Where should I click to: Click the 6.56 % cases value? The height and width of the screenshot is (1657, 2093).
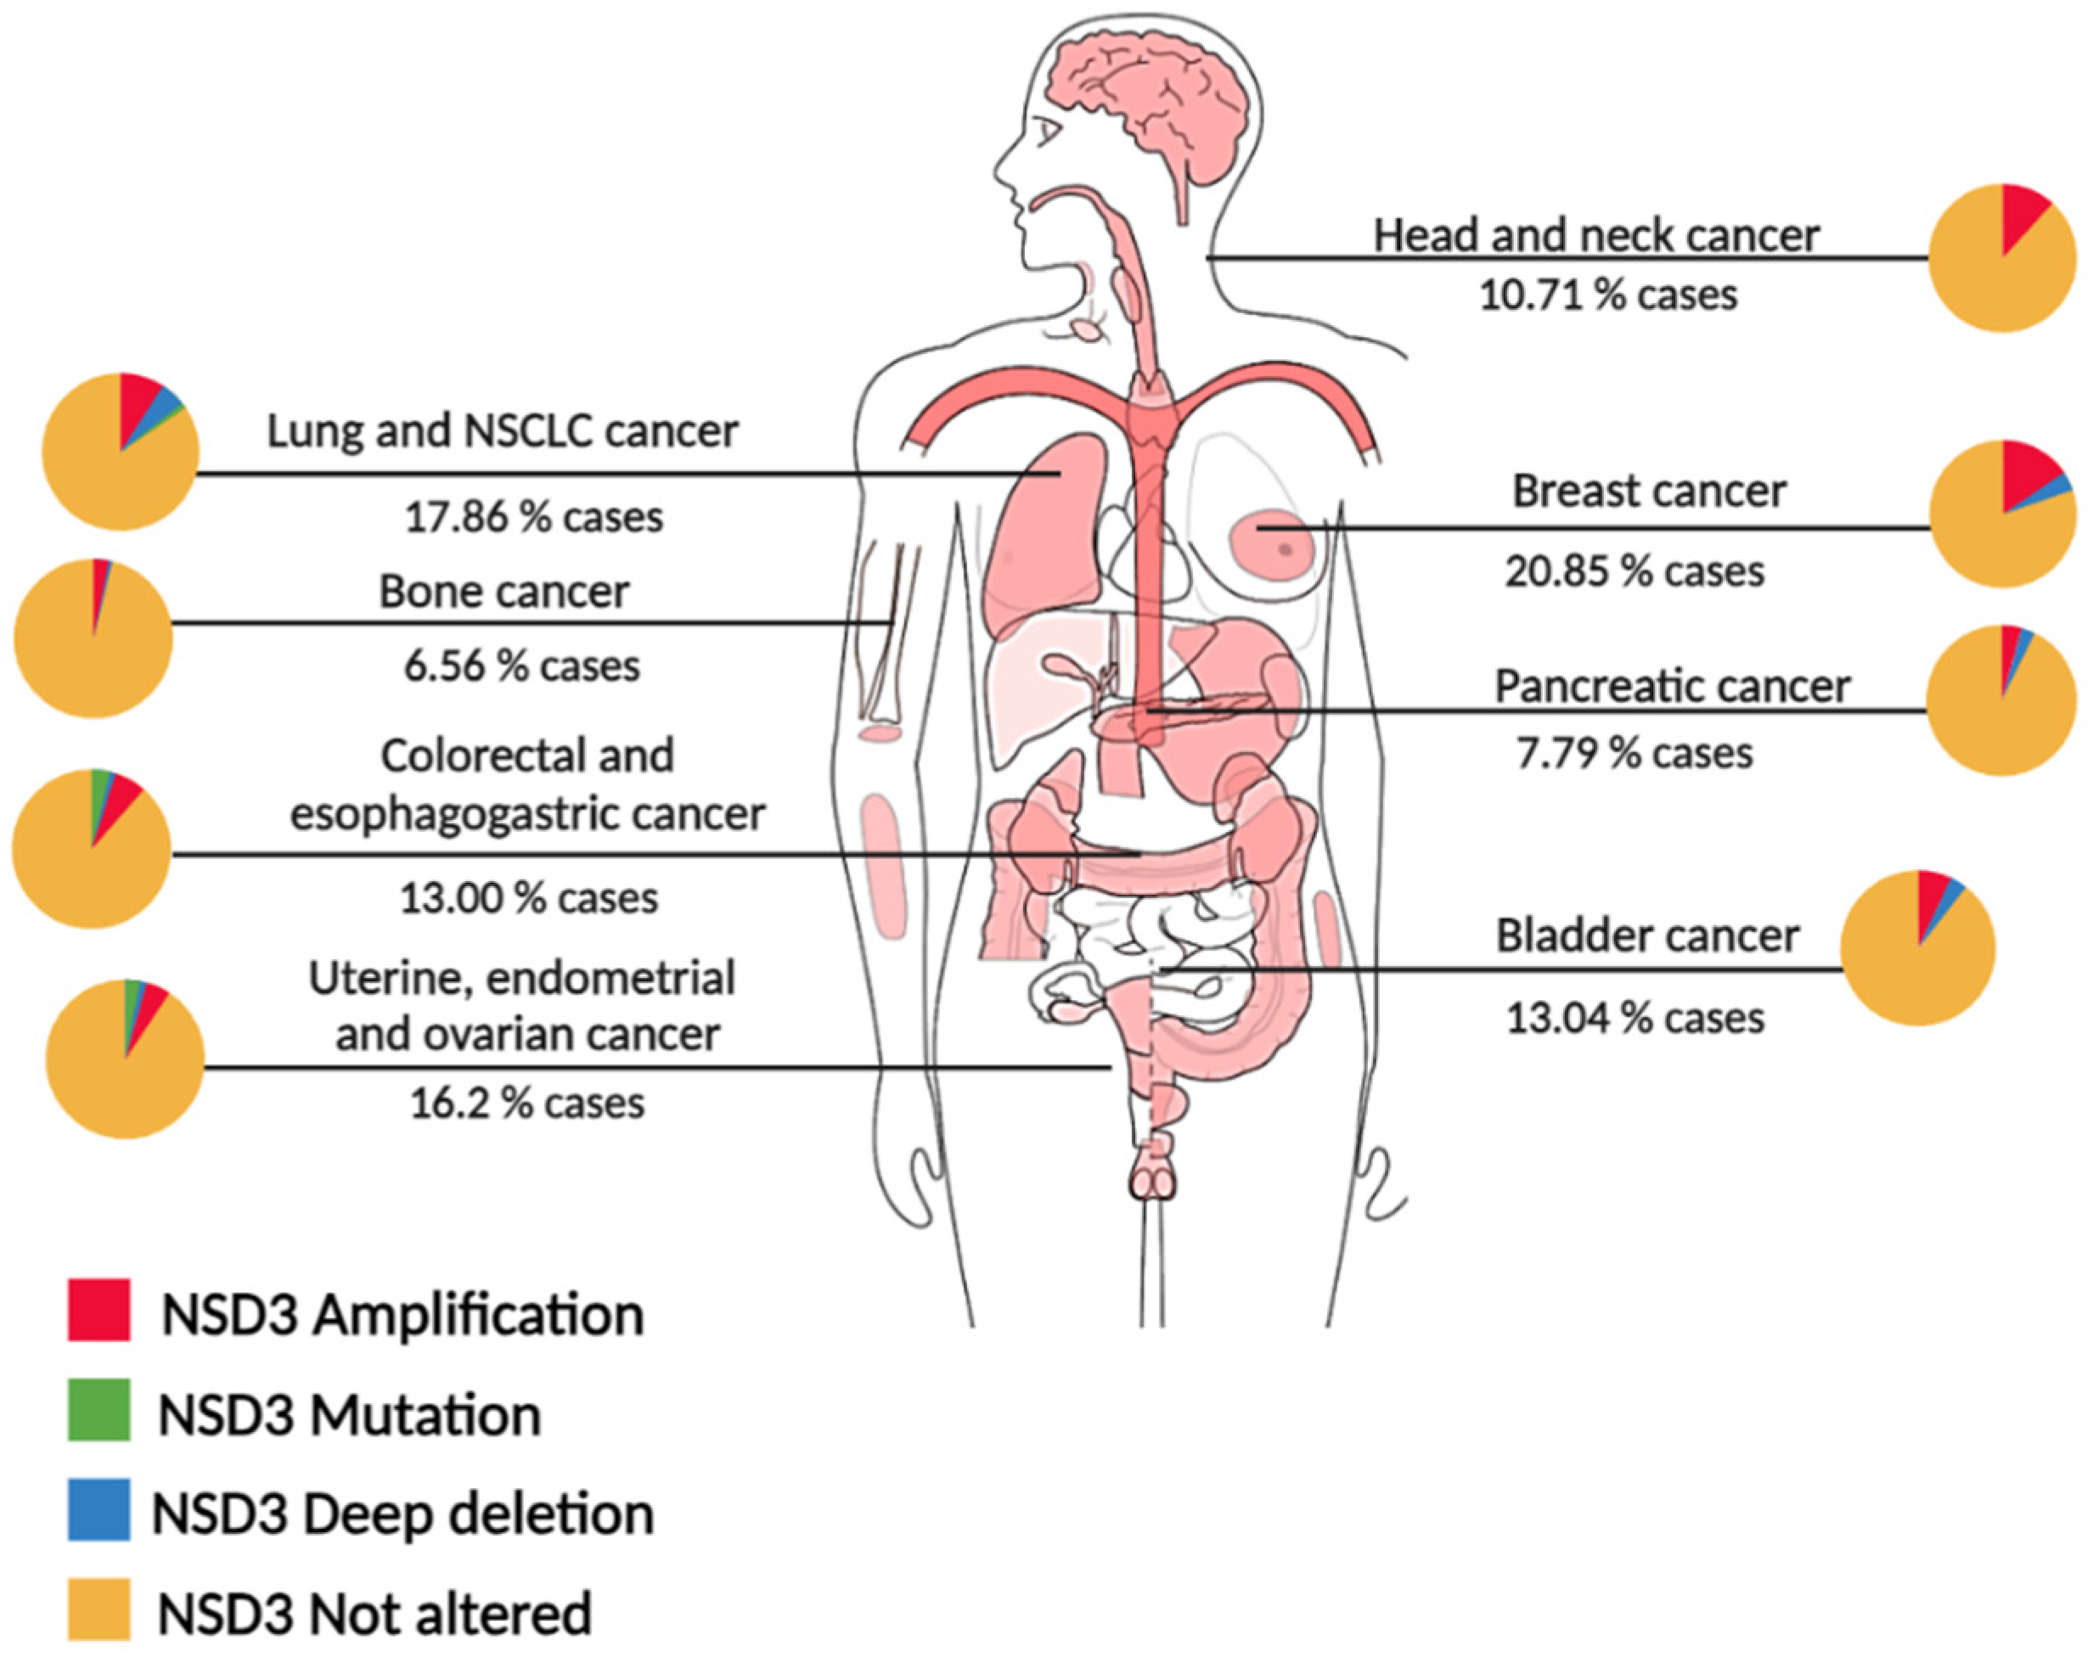(x=521, y=666)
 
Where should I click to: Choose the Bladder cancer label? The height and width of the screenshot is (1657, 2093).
(x=1646, y=936)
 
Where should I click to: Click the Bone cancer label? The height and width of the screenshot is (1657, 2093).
(x=504, y=592)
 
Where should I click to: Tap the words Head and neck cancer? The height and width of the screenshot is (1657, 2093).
(x=1596, y=236)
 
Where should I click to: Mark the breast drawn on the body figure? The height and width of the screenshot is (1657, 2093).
(x=1271, y=543)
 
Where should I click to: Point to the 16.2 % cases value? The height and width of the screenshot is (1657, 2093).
(x=527, y=1103)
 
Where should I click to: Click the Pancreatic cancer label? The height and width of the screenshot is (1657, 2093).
(x=1672, y=687)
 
